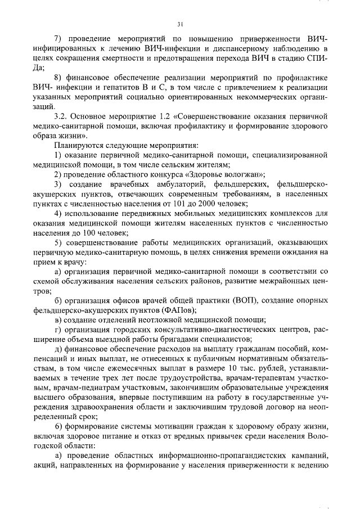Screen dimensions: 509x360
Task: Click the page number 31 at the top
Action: click(x=179, y=24)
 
